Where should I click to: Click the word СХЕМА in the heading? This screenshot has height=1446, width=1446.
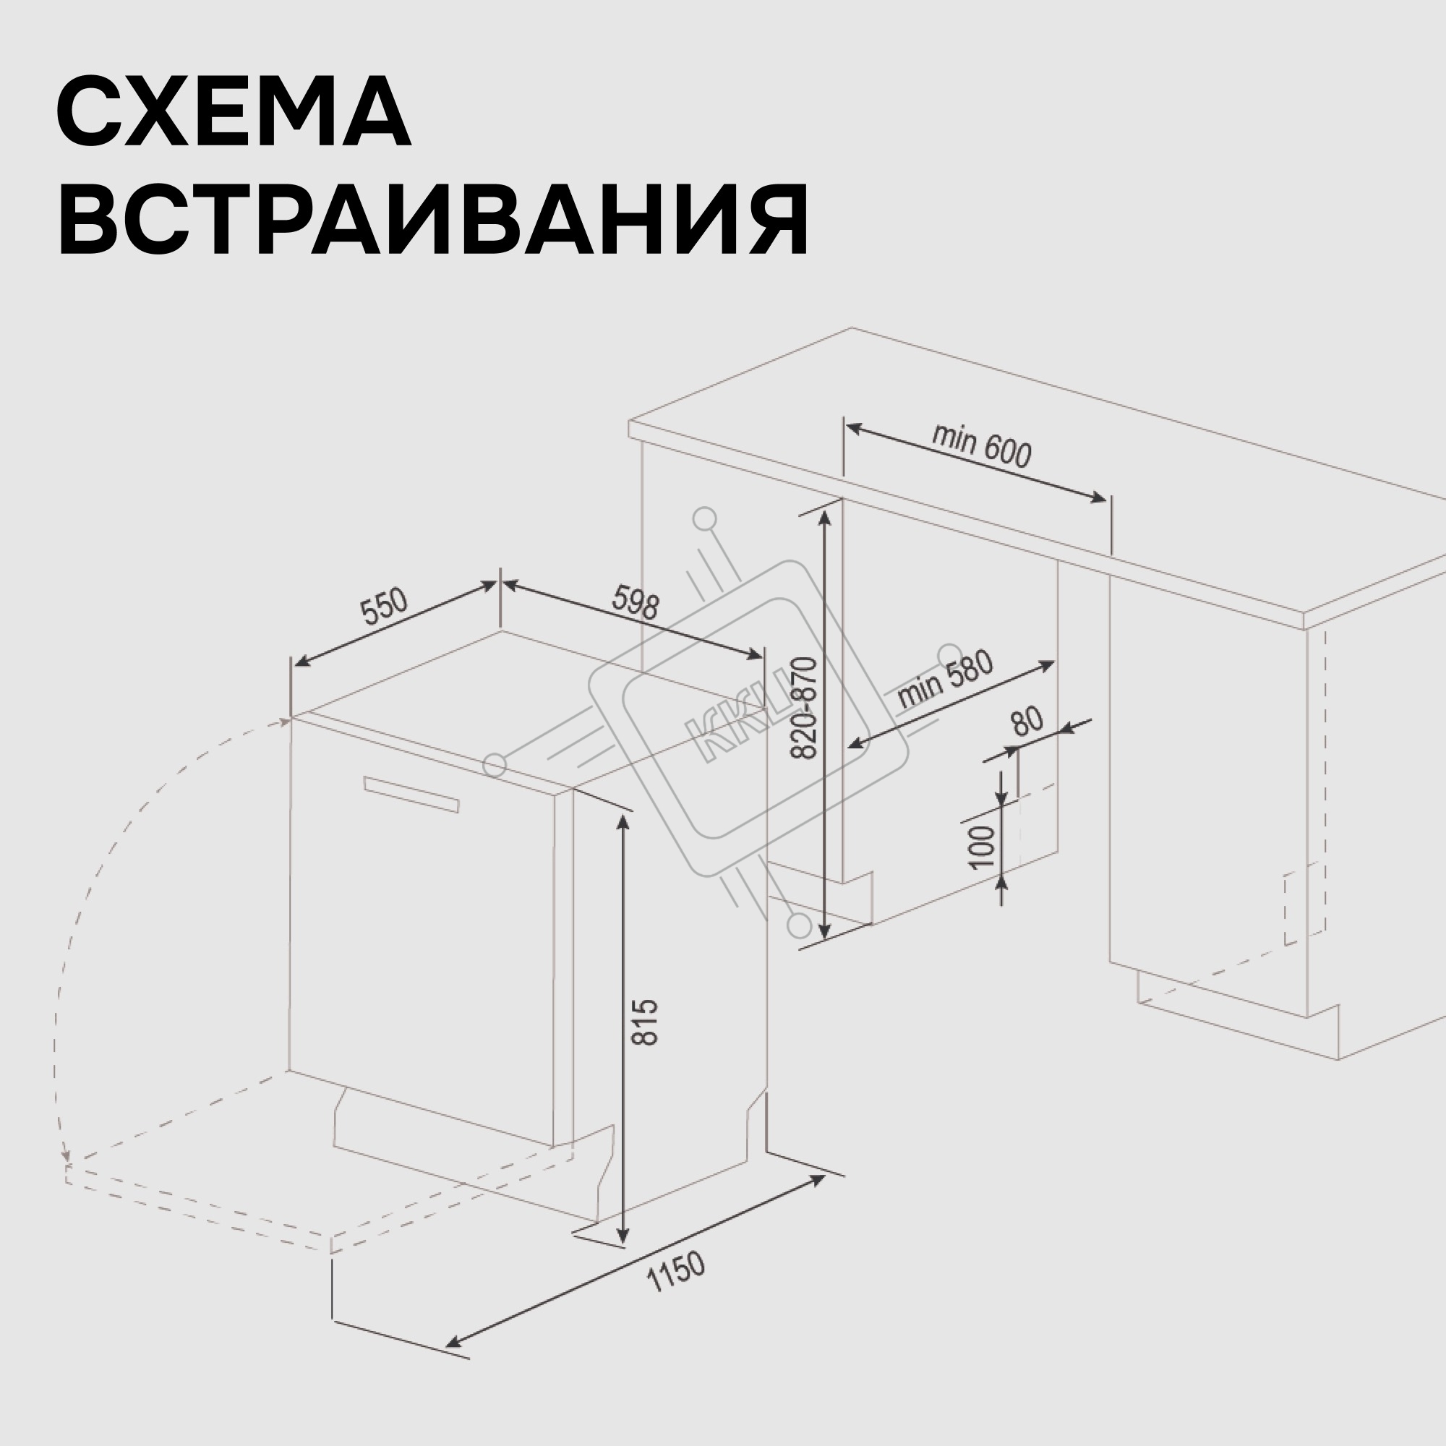pos(234,111)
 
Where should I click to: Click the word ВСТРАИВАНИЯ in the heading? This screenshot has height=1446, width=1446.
pos(433,220)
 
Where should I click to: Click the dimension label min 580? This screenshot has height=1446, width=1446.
pos(945,679)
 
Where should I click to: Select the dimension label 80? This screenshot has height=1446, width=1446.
pos(1027,722)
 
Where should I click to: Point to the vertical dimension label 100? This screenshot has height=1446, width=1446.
pos(982,847)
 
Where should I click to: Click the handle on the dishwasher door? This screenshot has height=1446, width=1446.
pos(411,793)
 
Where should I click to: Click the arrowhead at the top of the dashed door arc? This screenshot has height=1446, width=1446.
pos(285,721)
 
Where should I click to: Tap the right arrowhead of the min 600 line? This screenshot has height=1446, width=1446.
pos(1097,497)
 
